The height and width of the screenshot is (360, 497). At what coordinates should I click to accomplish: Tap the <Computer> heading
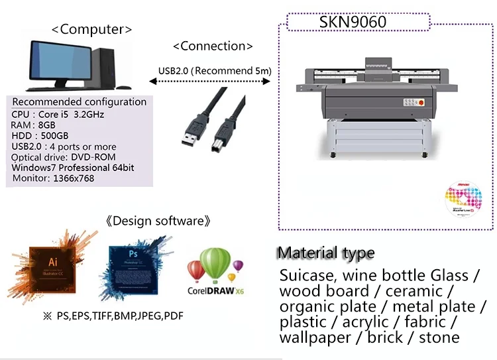(x=91, y=29)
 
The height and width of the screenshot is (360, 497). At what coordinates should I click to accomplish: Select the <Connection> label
(x=212, y=46)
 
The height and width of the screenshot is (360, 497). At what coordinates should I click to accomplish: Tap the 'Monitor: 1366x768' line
(x=52, y=178)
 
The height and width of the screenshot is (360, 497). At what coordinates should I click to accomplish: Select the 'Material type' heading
(x=325, y=253)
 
